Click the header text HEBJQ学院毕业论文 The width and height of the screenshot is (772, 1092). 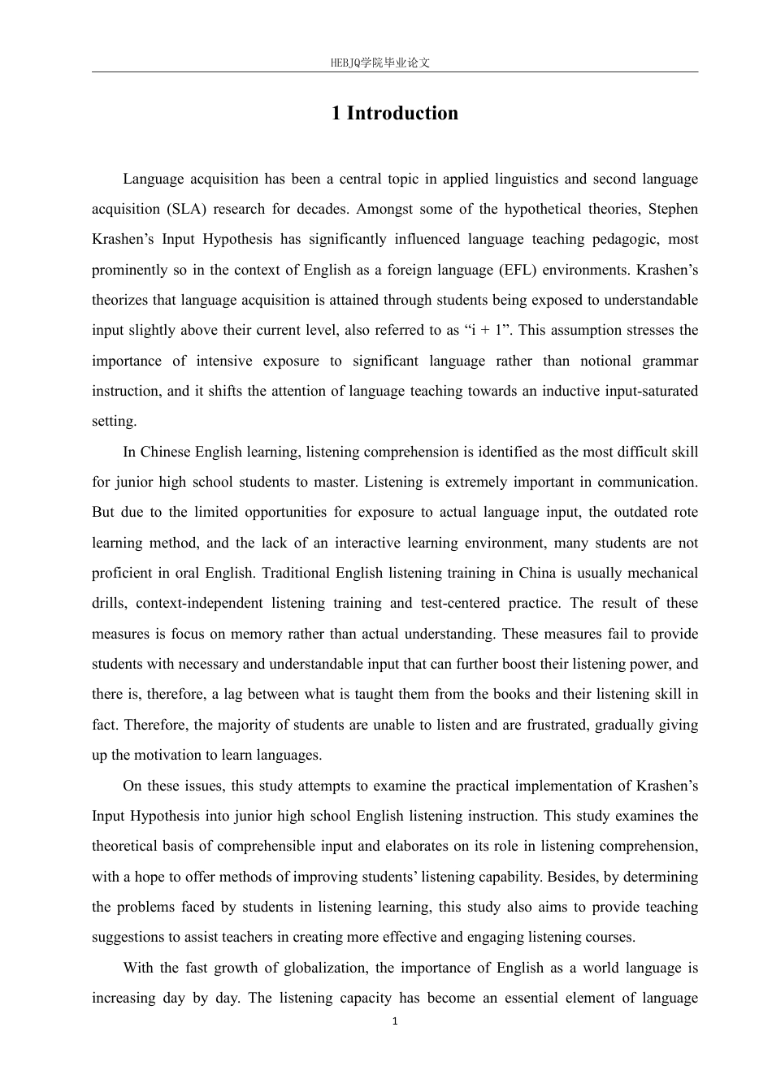click(380, 63)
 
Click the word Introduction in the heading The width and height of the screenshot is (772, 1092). click(402, 113)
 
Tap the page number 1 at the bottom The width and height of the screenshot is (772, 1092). click(395, 1021)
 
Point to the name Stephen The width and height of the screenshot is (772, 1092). click(673, 209)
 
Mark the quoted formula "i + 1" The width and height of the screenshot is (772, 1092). click(488, 330)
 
